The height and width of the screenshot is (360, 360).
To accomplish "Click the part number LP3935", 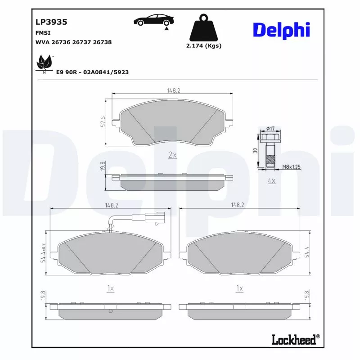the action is click(51, 22).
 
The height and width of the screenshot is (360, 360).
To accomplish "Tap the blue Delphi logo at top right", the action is click(282, 30).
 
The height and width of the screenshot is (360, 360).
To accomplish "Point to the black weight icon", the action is click(203, 27).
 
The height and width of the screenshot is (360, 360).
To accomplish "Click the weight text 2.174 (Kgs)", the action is click(204, 46).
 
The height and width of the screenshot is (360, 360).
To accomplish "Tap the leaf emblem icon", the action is click(45, 64).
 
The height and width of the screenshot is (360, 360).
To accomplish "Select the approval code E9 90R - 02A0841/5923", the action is click(92, 72).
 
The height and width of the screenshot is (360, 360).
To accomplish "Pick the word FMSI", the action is click(43, 33).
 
